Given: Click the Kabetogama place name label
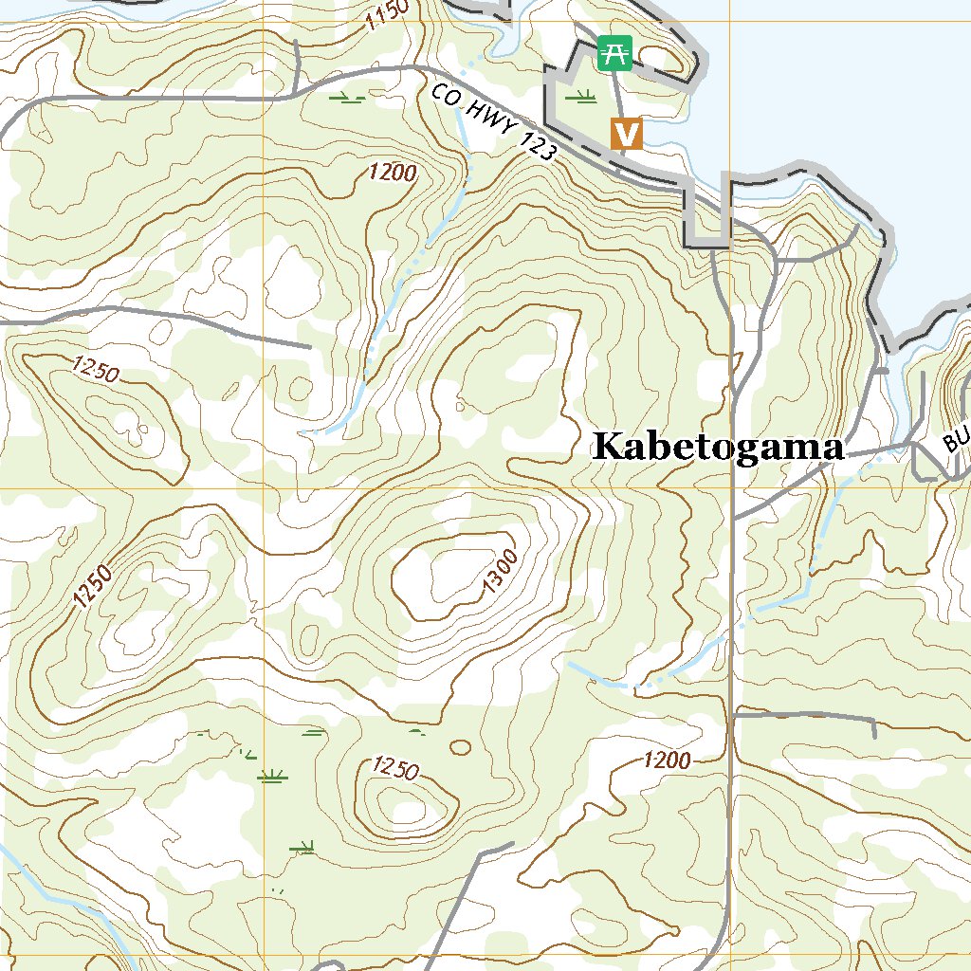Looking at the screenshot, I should click(718, 447).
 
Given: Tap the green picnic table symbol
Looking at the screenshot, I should click(614, 53).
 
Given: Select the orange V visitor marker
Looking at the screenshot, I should click(626, 134).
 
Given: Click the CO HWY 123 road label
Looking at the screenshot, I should click(491, 122).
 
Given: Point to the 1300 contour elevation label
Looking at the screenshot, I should click(500, 573).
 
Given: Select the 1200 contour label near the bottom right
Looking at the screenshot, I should click(667, 760).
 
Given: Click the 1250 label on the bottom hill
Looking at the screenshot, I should click(395, 767).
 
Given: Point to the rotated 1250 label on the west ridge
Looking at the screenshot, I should click(93, 585).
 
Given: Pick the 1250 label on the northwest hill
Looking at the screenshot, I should click(96, 370).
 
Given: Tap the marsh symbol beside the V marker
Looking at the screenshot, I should click(579, 96).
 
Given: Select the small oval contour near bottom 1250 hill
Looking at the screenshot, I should click(460, 747).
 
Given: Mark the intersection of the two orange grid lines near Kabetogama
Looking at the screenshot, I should click(731, 489).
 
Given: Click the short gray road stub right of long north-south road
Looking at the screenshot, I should click(806, 716).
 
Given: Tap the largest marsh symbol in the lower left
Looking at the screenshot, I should click(273, 777).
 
